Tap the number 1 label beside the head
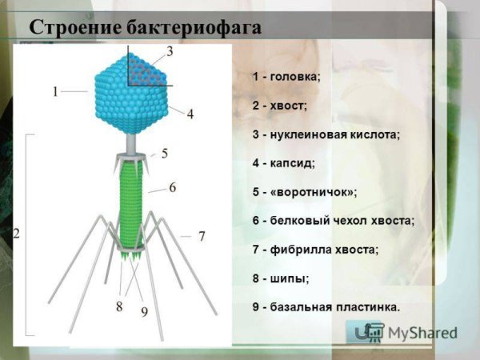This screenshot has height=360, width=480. [55, 92]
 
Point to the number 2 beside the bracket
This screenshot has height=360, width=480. [16, 234]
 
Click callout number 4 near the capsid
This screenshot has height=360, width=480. [190, 114]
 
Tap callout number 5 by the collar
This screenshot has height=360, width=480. [165, 153]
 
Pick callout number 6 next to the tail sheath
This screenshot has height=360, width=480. [172, 186]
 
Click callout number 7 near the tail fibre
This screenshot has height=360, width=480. [202, 236]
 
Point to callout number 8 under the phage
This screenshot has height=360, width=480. [119, 305]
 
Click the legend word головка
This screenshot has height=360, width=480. [296, 77]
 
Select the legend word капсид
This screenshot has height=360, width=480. [294, 163]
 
